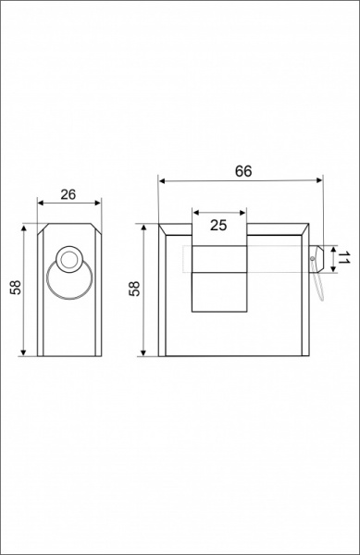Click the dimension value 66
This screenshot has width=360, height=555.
click(x=243, y=171)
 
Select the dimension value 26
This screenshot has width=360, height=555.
click(x=68, y=194)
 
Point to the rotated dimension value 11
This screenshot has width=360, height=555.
click(x=342, y=259)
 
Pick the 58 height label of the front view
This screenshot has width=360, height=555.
click(x=135, y=289)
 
